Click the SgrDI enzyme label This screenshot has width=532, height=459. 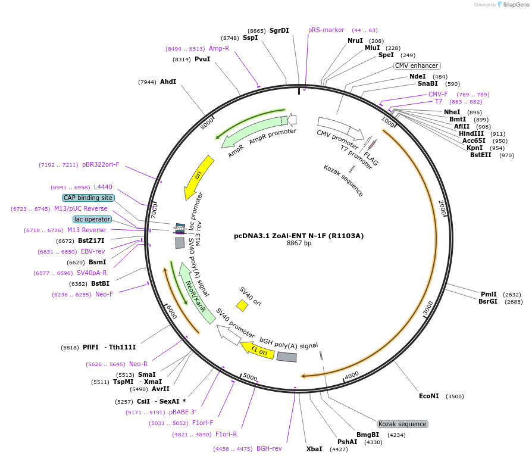[x=279, y=30]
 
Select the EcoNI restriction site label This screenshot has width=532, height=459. [x=428, y=396]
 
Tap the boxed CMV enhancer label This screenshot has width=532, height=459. [x=417, y=65]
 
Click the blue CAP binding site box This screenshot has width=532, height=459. [x=88, y=198]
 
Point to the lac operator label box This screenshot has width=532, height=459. [x=92, y=219]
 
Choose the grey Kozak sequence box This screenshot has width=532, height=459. [x=402, y=424]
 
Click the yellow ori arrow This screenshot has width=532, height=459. [x=198, y=177]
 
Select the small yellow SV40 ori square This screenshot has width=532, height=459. [x=242, y=305]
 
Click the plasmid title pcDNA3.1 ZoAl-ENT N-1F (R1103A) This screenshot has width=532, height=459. [x=299, y=236]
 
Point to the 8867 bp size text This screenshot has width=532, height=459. [x=299, y=243]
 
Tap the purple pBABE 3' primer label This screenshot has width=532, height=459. [x=182, y=412]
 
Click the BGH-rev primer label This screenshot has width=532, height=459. [x=269, y=448]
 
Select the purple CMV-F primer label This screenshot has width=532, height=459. [x=438, y=94]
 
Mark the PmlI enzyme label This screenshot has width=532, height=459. [x=489, y=294]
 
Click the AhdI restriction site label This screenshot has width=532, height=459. [x=168, y=82]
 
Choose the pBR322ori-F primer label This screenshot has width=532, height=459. [x=101, y=164]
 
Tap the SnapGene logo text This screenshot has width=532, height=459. [x=516, y=4]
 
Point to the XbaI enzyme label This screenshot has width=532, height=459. [x=314, y=449]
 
